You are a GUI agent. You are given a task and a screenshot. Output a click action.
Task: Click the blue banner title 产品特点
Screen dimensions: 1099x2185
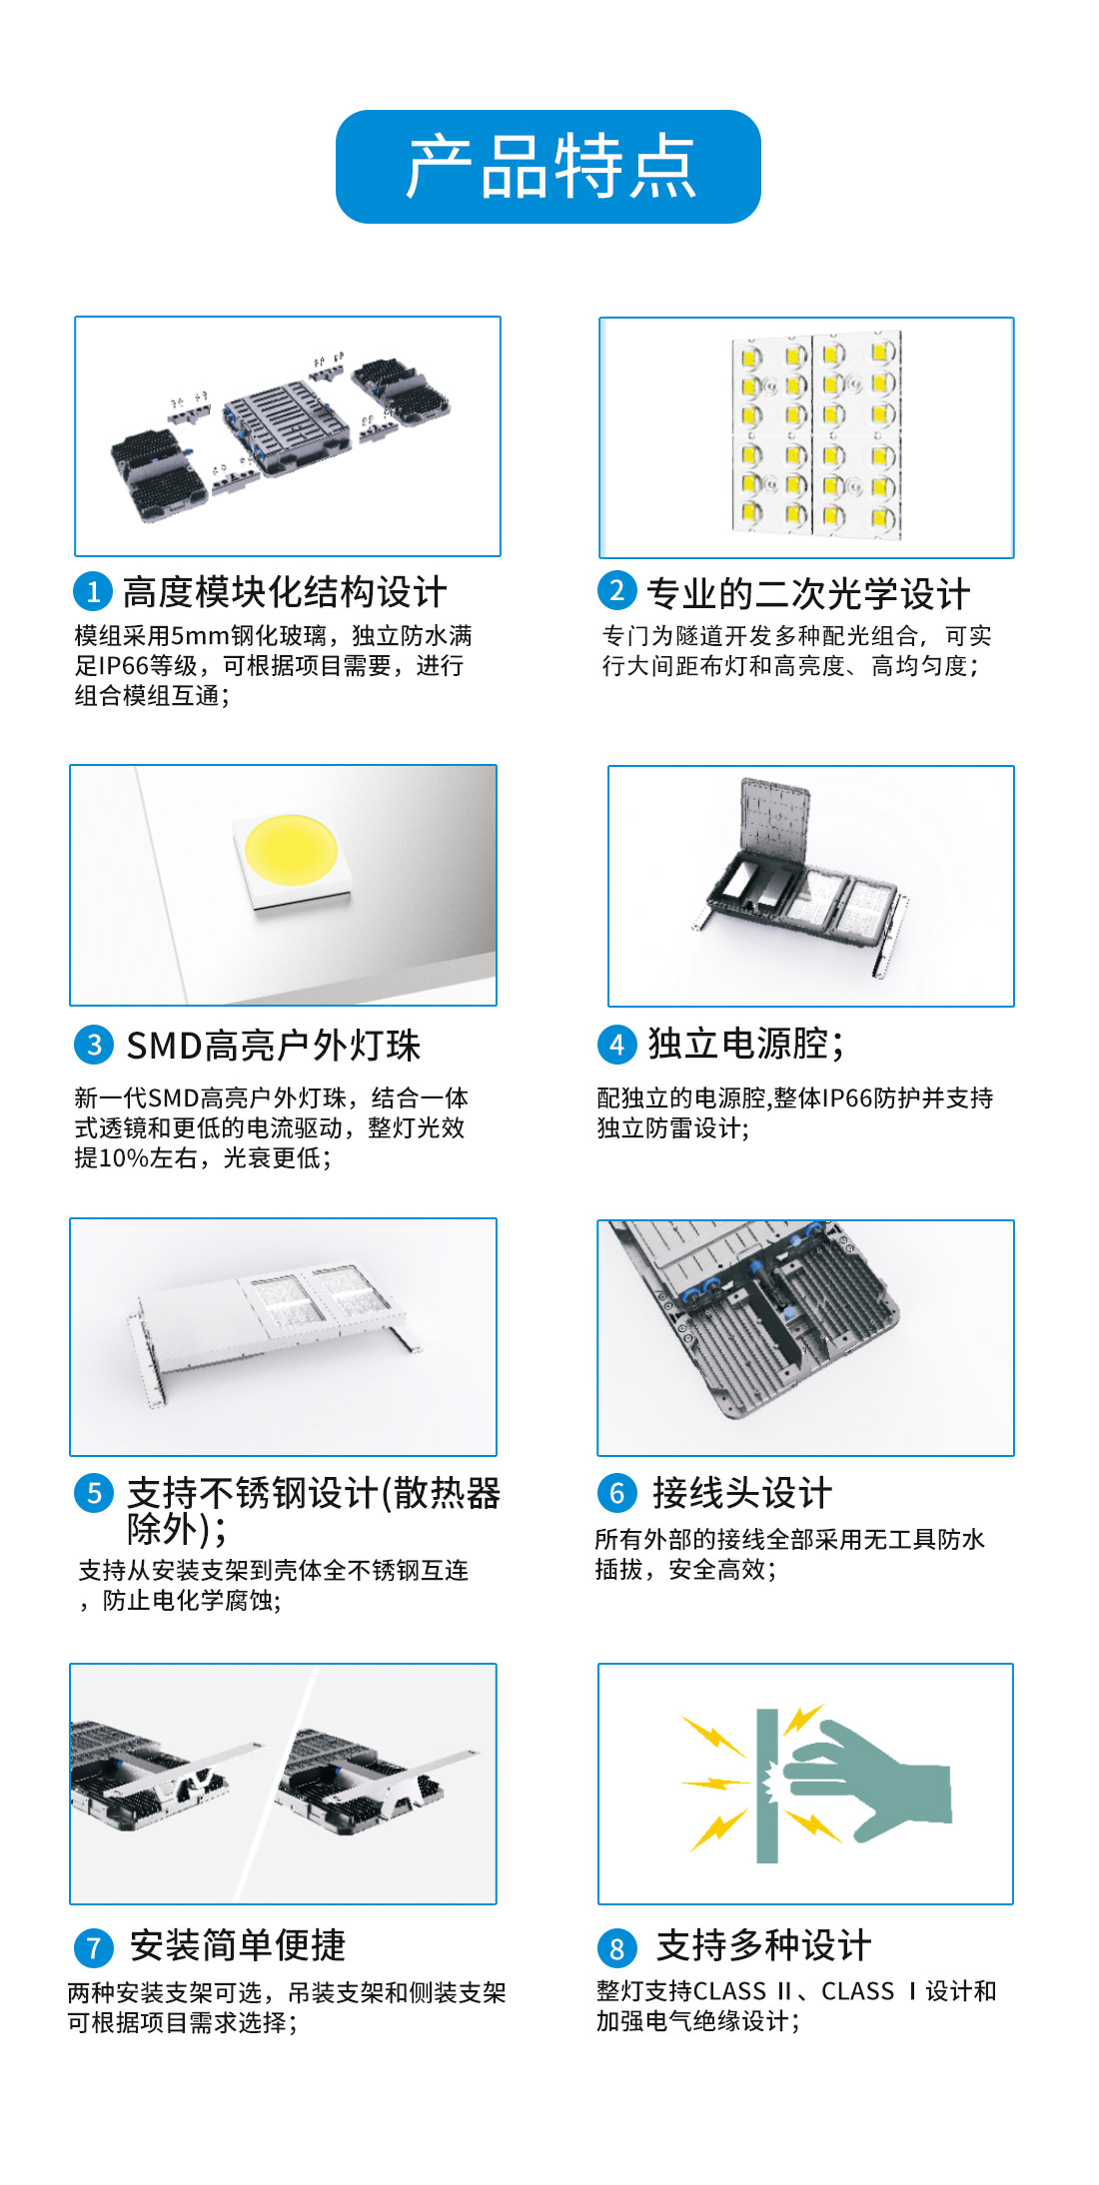[549, 167]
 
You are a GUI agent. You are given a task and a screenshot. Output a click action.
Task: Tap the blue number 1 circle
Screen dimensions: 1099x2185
[93, 592]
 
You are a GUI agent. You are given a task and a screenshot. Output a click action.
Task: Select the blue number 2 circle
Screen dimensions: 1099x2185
[616, 590]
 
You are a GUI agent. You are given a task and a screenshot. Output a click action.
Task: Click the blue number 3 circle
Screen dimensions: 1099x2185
[94, 1045]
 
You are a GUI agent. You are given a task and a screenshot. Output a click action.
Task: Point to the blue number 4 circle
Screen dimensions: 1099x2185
[616, 1045]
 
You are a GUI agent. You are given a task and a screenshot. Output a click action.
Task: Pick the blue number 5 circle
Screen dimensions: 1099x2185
[94, 1493]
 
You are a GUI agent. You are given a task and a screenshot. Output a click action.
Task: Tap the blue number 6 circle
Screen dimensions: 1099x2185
[616, 1493]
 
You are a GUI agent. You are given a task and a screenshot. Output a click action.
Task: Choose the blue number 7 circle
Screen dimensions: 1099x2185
[94, 1947]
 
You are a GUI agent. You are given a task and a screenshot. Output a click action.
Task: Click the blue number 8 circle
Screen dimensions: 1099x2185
[616, 1947]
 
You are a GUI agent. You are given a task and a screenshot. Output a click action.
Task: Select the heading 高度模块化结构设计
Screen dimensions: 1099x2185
[285, 592]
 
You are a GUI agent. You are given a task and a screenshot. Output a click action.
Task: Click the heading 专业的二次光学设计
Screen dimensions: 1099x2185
[808, 593]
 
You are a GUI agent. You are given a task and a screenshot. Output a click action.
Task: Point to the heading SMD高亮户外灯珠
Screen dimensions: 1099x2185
[274, 1046]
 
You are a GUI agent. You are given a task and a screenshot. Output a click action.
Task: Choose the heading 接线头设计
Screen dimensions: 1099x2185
[742, 1493]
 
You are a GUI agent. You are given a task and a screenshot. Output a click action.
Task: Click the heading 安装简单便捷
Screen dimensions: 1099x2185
[238, 1945]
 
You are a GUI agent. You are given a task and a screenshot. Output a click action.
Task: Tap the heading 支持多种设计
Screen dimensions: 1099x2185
[764, 1945]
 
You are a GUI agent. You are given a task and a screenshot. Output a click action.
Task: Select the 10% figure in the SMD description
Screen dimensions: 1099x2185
[123, 1158]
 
